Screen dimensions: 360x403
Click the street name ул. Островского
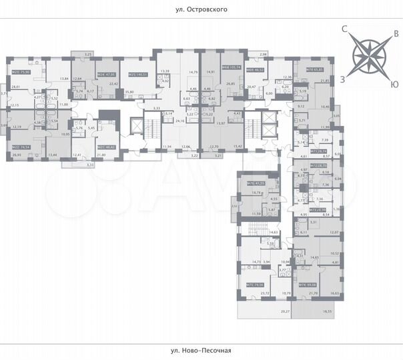[x=202, y=11]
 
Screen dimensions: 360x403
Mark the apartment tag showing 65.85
[x=316, y=69]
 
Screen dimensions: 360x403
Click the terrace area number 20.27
[x=286, y=311]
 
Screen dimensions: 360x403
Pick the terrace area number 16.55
[x=327, y=311]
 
